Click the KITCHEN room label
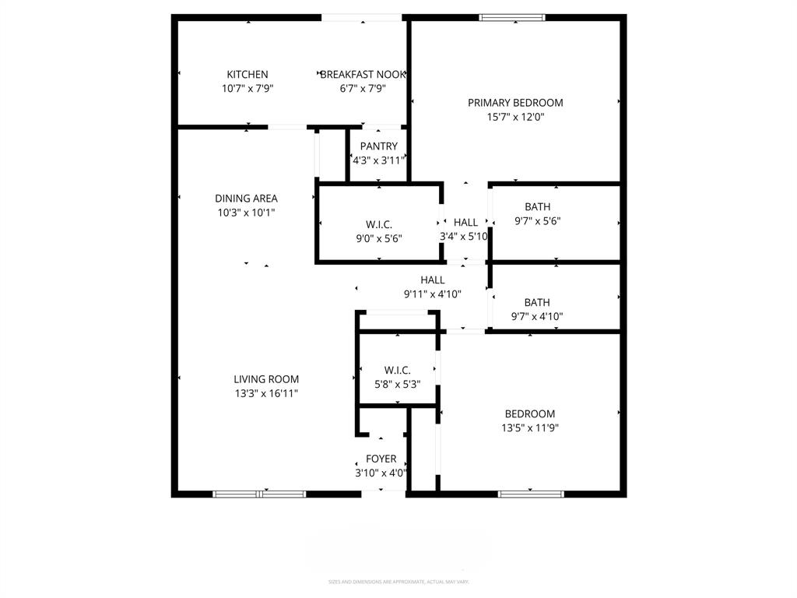point(247,75)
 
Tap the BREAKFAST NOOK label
point(363,75)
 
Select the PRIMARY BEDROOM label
point(515,103)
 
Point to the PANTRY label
point(379,146)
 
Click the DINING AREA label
point(246,199)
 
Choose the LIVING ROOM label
point(266,379)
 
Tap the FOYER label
point(381,459)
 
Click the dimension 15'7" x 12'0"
point(515,118)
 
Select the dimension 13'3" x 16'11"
point(266,393)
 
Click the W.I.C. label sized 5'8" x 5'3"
point(397,370)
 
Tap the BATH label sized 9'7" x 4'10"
point(537,302)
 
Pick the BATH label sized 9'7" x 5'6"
point(537,207)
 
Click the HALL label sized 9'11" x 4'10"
point(433,280)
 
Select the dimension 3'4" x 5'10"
point(465,237)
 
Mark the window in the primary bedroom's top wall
point(511,17)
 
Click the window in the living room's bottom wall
point(260,493)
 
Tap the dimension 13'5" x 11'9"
point(530,427)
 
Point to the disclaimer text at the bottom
point(398,582)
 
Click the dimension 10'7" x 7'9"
point(247,89)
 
